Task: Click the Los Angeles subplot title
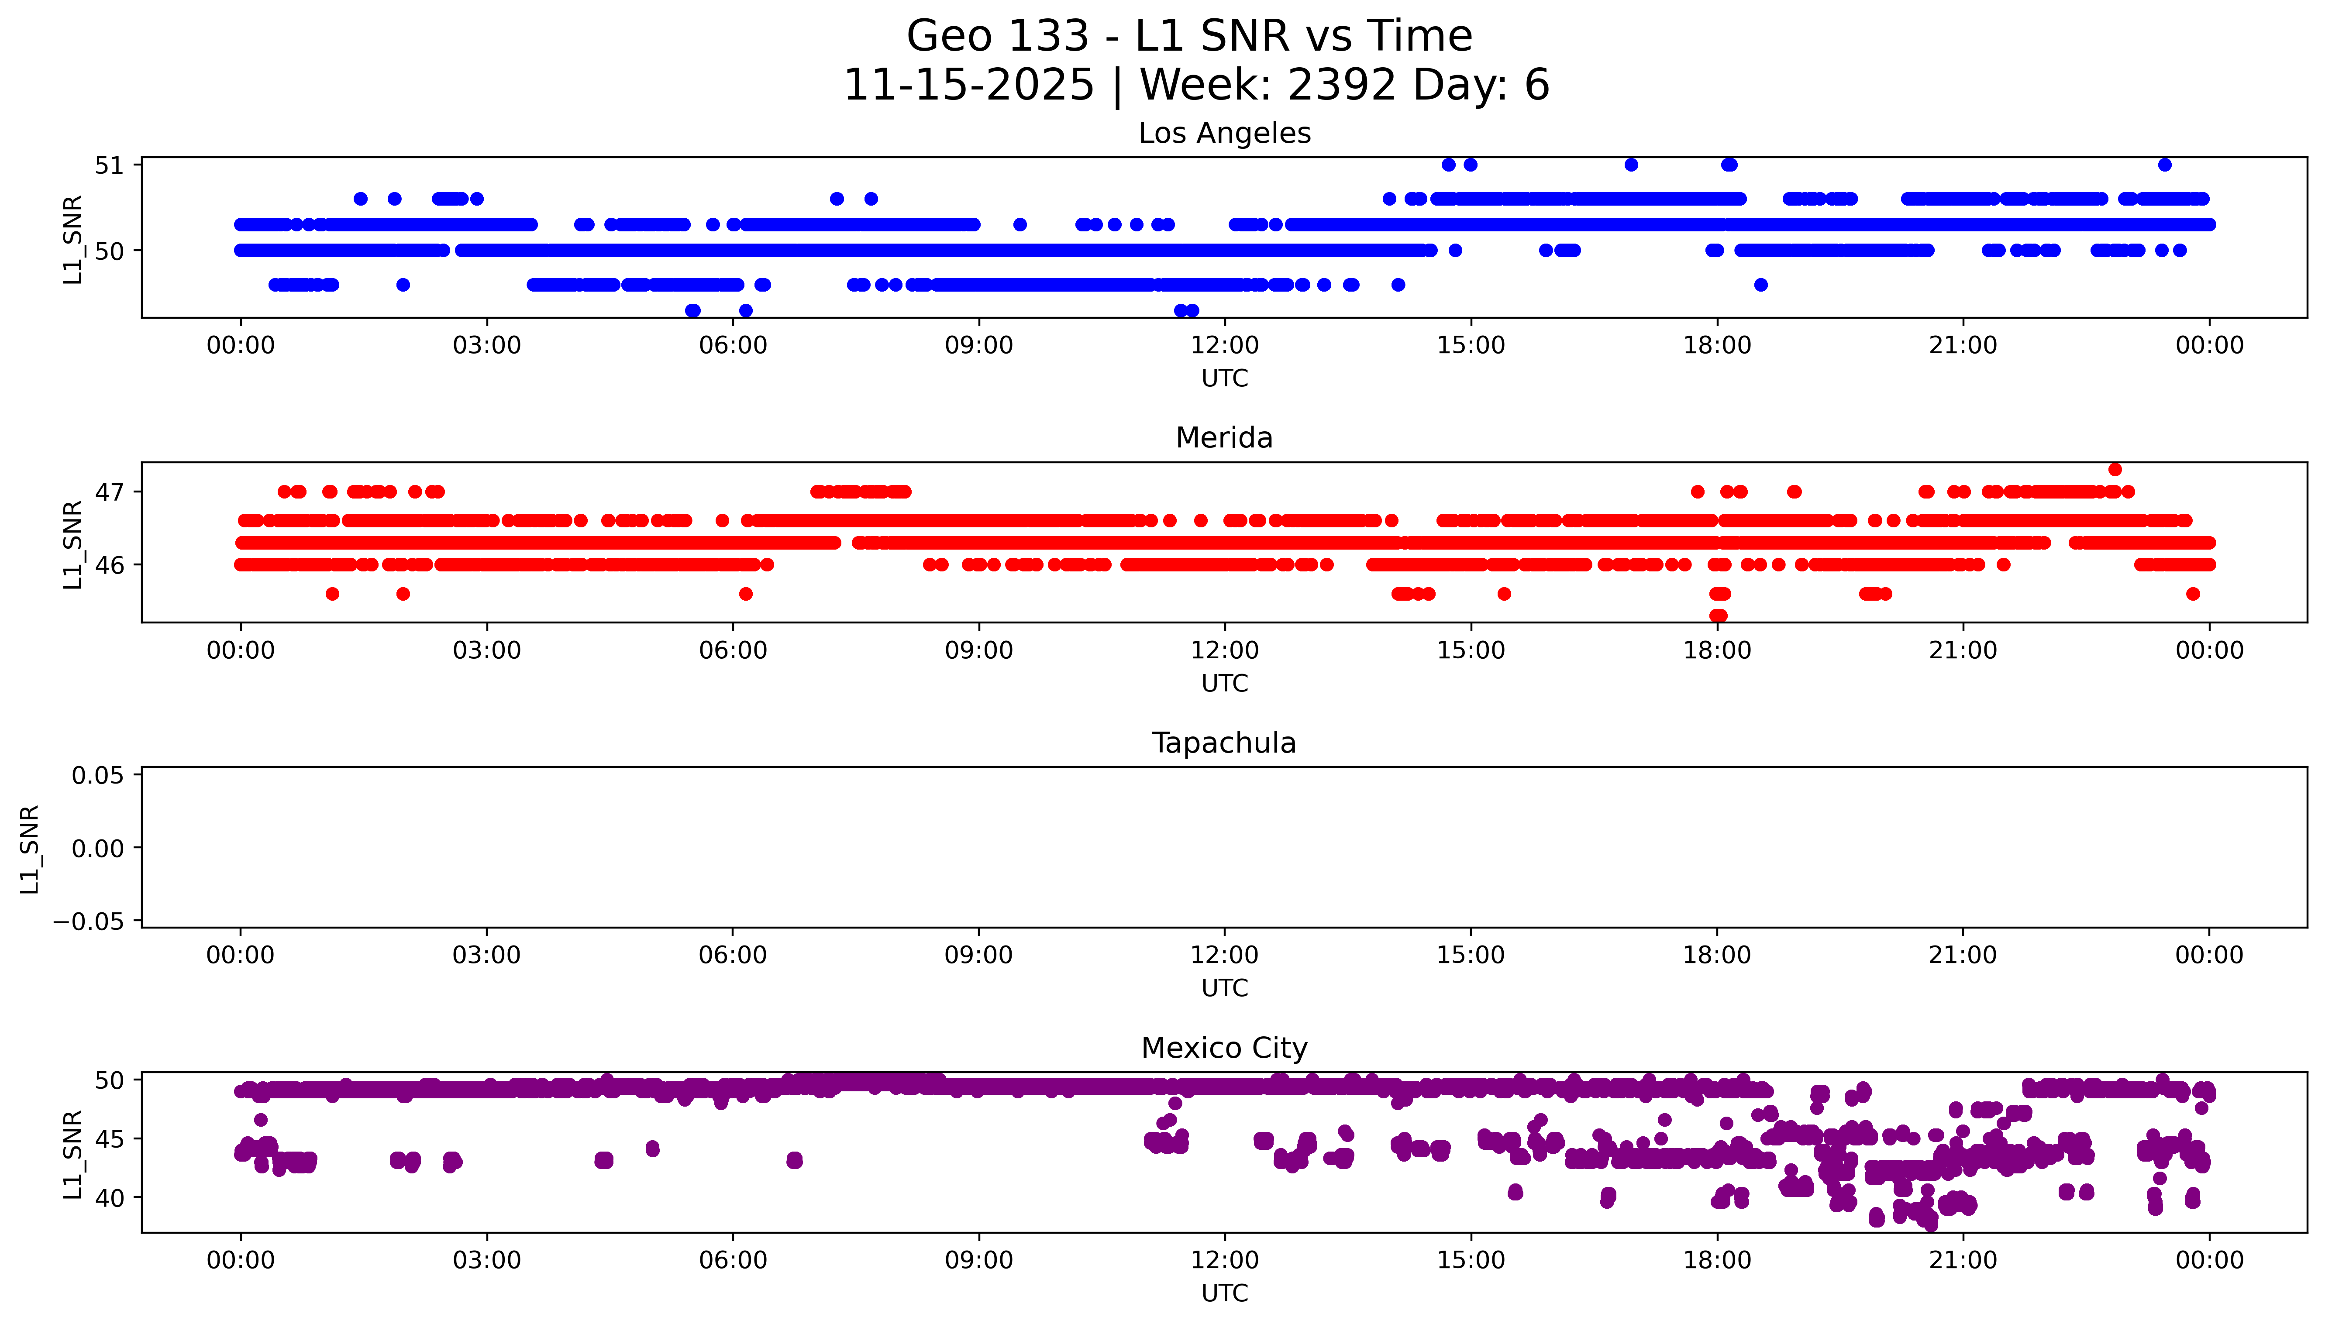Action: click(1224, 134)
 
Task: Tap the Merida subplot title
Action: click(1224, 438)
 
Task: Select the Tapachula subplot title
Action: click(1224, 743)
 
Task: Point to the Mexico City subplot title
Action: click(1224, 1049)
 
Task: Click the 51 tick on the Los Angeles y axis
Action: click(109, 165)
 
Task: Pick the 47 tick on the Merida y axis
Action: click(109, 492)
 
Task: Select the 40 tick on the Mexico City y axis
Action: click(109, 1199)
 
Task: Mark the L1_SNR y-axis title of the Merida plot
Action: click(73, 544)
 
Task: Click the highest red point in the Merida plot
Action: click(2115, 469)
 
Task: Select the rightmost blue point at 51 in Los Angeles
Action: click(2164, 165)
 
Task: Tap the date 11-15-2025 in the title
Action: click(968, 86)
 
